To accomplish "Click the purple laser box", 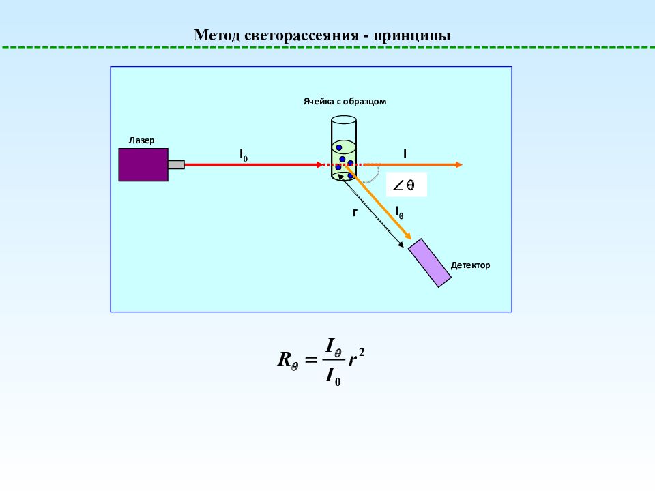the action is click(143, 164).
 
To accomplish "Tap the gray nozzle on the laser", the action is click(176, 164).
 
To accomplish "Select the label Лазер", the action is click(141, 140).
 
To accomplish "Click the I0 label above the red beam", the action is click(244, 155).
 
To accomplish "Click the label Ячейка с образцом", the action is click(345, 101).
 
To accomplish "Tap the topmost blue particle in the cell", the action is click(339, 148).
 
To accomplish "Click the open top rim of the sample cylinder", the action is click(344, 120).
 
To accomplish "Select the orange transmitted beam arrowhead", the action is click(458, 164).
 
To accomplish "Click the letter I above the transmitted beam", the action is click(405, 154).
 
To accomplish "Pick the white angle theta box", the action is click(406, 185).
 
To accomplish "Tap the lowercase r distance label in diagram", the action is click(355, 213).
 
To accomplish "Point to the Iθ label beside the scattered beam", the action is click(399, 213).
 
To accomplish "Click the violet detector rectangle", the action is click(429, 263).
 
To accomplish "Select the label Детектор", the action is click(470, 265).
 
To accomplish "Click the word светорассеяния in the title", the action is click(301, 35).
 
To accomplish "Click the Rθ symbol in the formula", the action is click(288, 360).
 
